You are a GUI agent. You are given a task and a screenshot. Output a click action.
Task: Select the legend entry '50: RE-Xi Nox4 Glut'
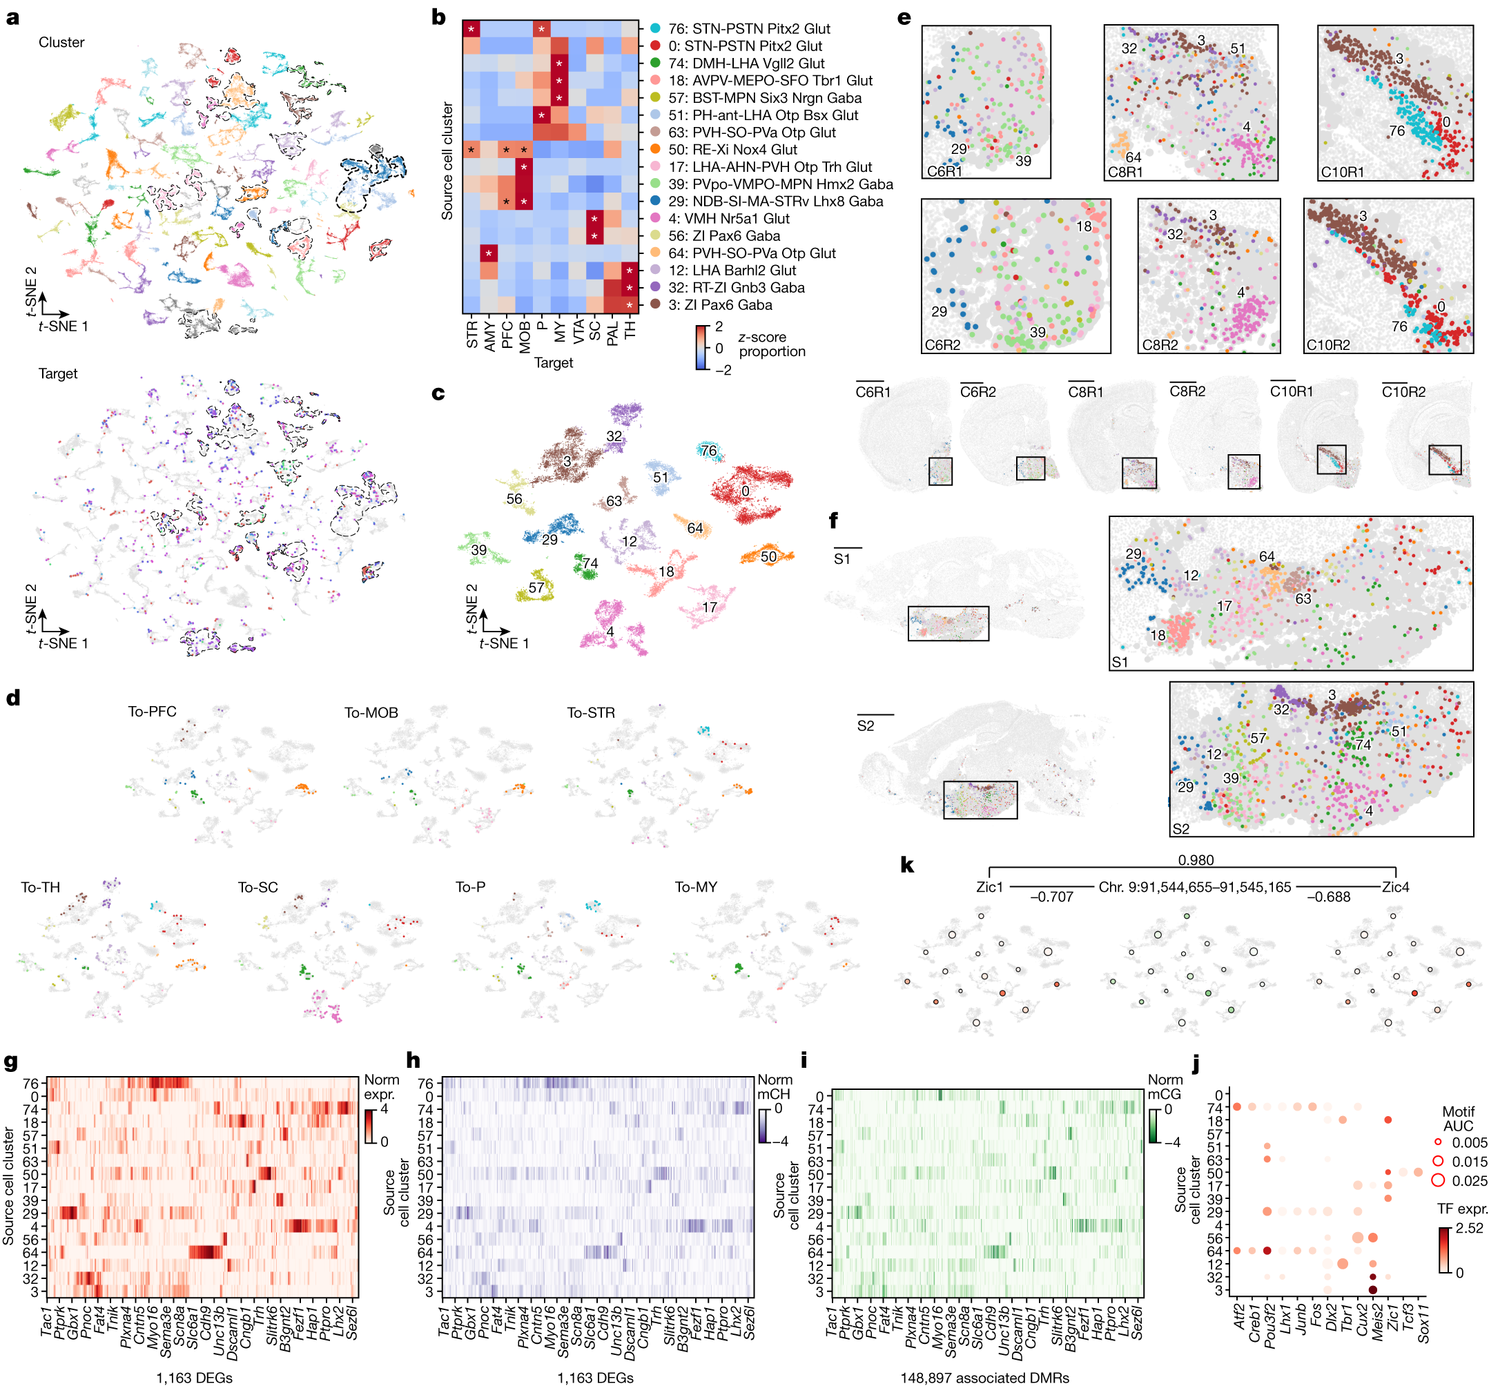pyautogui.click(x=732, y=150)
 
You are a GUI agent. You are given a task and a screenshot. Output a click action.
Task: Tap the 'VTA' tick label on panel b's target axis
pyautogui.click(x=578, y=332)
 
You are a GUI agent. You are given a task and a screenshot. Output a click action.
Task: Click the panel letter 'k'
pyautogui.click(x=906, y=865)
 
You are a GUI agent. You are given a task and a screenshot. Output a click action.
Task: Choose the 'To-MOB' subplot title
pyautogui.click(x=371, y=713)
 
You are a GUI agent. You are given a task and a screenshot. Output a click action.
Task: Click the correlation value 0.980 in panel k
pyautogui.click(x=1196, y=860)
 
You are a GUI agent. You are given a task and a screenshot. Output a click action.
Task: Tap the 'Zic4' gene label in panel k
pyautogui.click(x=1395, y=888)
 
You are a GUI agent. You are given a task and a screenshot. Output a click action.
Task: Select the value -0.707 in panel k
pyautogui.click(x=1051, y=897)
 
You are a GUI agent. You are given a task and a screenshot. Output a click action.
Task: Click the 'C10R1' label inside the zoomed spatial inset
pyautogui.click(x=1342, y=173)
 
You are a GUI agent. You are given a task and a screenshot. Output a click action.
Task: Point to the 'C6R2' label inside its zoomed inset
pyautogui.click(x=942, y=345)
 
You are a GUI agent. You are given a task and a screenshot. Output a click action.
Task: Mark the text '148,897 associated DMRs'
pyautogui.click(x=984, y=1378)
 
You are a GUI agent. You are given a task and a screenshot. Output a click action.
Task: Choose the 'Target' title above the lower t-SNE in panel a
pyautogui.click(x=58, y=373)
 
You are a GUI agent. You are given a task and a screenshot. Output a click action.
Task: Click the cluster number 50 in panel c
pyautogui.click(x=768, y=556)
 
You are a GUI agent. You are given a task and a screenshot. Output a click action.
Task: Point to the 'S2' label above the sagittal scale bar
pyautogui.click(x=865, y=725)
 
